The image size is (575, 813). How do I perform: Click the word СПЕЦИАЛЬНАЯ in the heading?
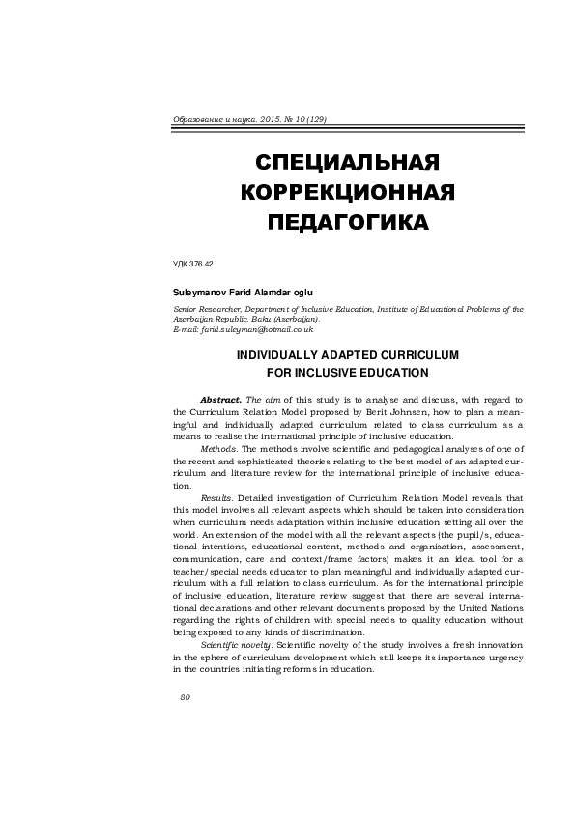[x=347, y=159]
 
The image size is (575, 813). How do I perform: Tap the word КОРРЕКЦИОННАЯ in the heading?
[x=347, y=191]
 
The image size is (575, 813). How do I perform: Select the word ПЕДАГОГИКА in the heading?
[x=347, y=223]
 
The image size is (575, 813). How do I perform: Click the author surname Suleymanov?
[x=201, y=291]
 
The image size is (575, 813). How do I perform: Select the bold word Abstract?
[x=221, y=399]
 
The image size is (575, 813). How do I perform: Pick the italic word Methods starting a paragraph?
[x=217, y=449]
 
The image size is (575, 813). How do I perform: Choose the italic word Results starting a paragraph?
[x=216, y=498]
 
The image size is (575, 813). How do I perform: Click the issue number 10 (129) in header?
[x=306, y=119]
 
